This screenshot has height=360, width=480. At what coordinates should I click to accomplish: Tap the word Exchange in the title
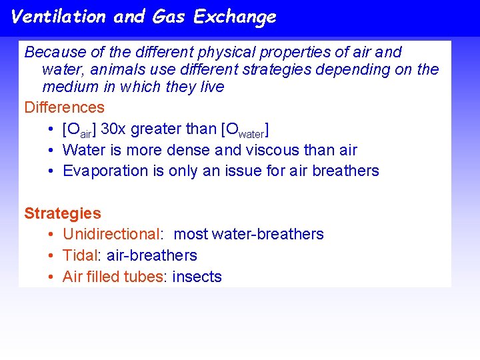point(234,17)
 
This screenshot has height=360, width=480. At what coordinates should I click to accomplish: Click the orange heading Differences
point(64,107)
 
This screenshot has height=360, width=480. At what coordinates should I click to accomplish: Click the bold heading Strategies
point(63,213)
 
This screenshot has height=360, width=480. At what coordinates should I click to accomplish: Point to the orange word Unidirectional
point(111,234)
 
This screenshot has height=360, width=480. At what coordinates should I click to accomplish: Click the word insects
point(197,277)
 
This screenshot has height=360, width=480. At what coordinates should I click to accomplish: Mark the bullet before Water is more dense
point(51,150)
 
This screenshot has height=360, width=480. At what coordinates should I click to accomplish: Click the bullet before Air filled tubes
point(51,277)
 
